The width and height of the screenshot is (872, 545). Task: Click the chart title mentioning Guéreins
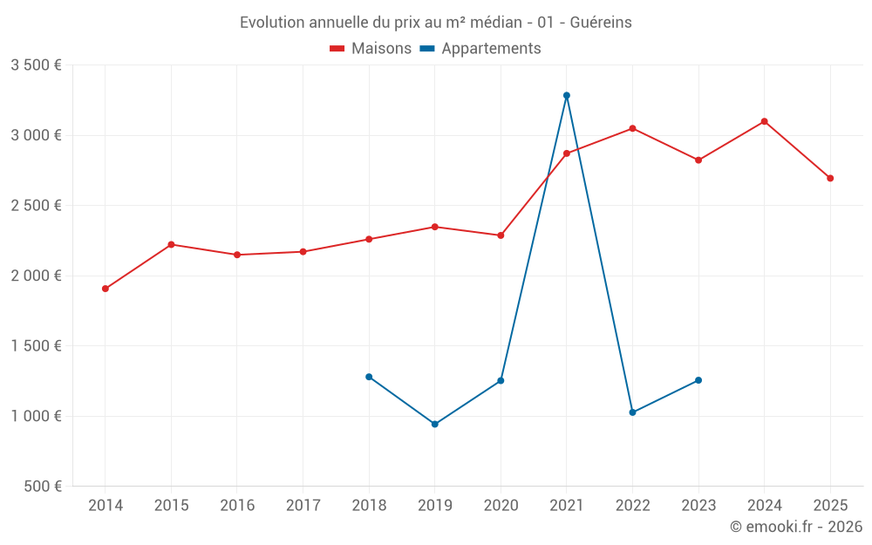click(x=435, y=22)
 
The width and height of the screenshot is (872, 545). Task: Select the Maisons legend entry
click(x=371, y=49)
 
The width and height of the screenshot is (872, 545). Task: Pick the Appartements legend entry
click(x=480, y=49)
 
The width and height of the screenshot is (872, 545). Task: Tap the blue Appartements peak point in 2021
click(x=567, y=95)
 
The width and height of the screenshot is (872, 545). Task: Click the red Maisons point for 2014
click(x=106, y=289)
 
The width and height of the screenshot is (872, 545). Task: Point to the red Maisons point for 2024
click(x=765, y=121)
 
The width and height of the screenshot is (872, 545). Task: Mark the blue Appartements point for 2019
click(x=435, y=425)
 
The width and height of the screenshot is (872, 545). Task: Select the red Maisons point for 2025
click(x=830, y=178)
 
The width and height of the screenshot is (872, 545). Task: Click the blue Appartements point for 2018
click(x=369, y=377)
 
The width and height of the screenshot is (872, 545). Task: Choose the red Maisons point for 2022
click(x=633, y=128)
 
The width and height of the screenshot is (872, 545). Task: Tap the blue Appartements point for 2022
click(x=633, y=412)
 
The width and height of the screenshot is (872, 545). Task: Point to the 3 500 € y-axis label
click(x=36, y=65)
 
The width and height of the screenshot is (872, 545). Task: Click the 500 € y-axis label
click(x=43, y=487)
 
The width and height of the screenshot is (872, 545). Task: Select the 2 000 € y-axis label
click(x=36, y=276)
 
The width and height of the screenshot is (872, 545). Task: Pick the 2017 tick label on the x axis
click(x=303, y=505)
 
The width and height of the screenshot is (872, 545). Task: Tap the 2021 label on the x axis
click(x=567, y=505)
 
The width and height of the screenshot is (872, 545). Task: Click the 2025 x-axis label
click(x=830, y=505)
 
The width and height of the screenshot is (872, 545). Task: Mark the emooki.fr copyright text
click(x=796, y=527)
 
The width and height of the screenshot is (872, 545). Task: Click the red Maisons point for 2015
click(x=171, y=244)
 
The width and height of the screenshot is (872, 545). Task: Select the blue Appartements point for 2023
click(x=698, y=380)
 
